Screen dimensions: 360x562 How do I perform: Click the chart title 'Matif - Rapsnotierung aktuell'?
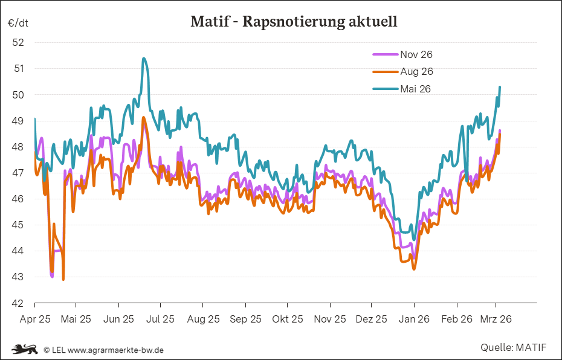pos(294,22)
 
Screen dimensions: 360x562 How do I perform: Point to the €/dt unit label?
pos(18,23)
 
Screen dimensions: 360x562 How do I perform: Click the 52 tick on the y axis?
pos(18,42)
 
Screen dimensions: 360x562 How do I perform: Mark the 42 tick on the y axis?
pos(18,303)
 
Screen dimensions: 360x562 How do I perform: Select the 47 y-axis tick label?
pos(18,173)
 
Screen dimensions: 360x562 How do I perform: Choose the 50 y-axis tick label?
pos(18,95)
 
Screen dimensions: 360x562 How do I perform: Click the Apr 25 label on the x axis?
pos(34,320)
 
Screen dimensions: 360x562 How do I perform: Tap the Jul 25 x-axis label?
pos(161,320)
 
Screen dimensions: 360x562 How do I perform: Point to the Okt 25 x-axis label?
pos(288,320)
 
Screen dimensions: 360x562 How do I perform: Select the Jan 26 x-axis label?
pos(414,320)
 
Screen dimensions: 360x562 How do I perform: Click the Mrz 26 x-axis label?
pos(496,320)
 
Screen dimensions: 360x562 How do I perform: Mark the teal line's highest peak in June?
pos(143,59)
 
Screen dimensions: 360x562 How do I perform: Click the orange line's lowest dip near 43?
pos(63,279)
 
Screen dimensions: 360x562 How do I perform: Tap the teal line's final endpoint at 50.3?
pos(500,87)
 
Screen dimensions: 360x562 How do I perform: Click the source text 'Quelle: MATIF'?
pos(513,347)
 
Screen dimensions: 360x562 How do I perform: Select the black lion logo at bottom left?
pos(25,349)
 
